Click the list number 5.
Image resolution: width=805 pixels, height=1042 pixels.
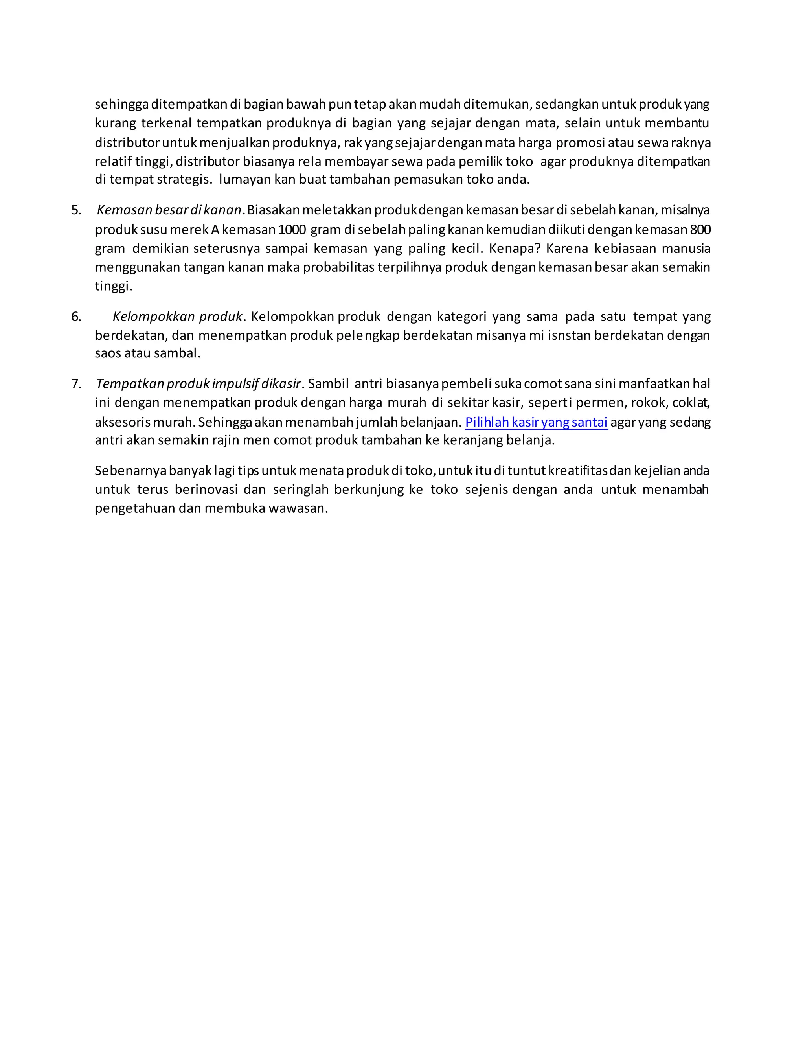pyautogui.click(x=76, y=210)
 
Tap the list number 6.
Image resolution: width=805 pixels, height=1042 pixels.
pyautogui.click(x=76, y=317)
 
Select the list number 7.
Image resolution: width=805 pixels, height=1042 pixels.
pyautogui.click(x=76, y=384)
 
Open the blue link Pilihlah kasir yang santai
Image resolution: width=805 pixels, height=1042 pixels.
pyautogui.click(x=536, y=422)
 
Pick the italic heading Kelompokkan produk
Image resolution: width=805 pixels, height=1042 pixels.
pyautogui.click(x=177, y=317)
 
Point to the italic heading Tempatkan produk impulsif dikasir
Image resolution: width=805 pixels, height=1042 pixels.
pyautogui.click(x=198, y=384)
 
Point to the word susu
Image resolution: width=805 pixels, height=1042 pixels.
pyautogui.click(x=153, y=230)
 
